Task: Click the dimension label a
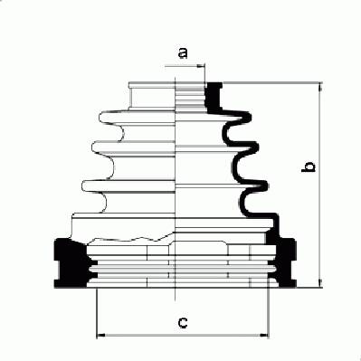pyautogui.click(x=183, y=52)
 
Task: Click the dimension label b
pyautogui.click(x=309, y=167)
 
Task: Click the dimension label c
pyautogui.click(x=183, y=322)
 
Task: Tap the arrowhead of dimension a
pyautogui.click(x=201, y=66)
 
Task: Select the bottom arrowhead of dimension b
pyautogui.click(x=320, y=283)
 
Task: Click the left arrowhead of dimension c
pyautogui.click(x=100, y=335)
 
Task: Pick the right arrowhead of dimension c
pyautogui.click(x=264, y=335)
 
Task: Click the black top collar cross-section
pyautogui.click(x=214, y=97)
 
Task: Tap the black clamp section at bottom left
pyautogui.click(x=70, y=262)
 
